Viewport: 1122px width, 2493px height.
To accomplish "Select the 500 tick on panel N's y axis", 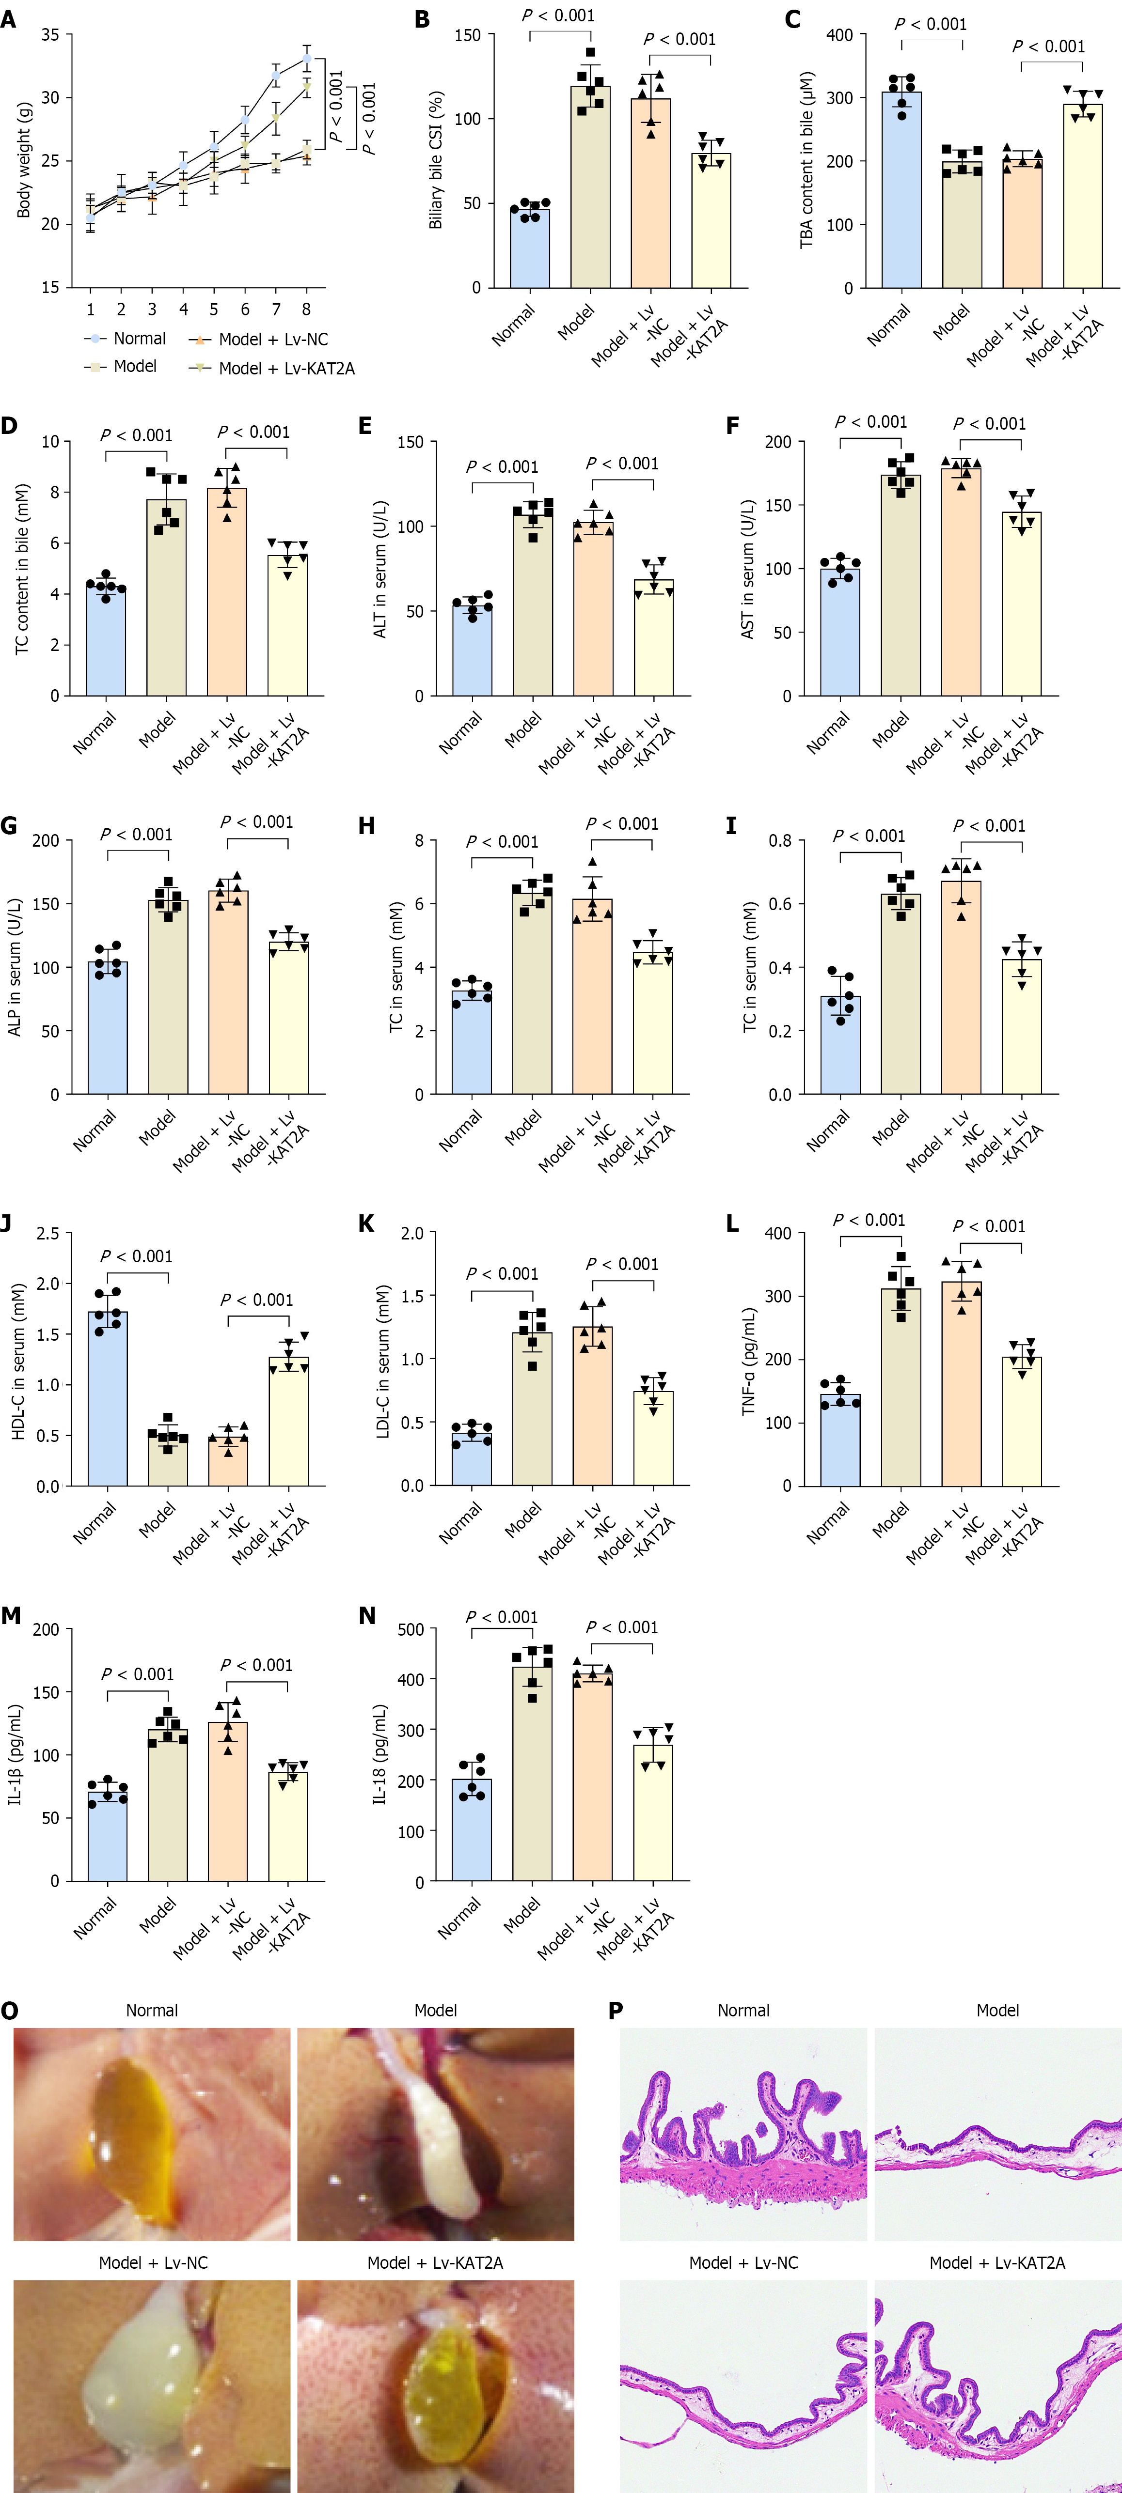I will point(411,1630).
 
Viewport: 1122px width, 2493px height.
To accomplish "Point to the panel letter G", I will point(10,825).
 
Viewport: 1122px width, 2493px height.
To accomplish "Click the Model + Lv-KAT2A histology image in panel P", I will point(997,2385).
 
